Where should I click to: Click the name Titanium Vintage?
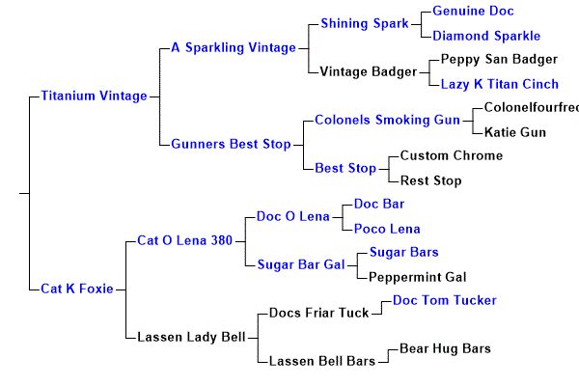click(94, 96)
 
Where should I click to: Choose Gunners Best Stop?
click(231, 144)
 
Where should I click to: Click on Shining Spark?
click(363, 23)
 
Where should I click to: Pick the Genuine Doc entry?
click(473, 11)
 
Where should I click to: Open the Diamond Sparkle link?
click(486, 36)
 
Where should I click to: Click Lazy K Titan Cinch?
click(499, 84)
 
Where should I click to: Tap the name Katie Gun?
click(514, 132)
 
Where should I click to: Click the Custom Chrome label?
click(451, 155)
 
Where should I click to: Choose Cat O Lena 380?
click(184, 239)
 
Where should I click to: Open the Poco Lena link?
click(387, 229)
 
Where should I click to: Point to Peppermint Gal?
click(418, 277)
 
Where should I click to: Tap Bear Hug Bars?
click(445, 348)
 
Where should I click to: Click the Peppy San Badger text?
click(499, 59)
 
